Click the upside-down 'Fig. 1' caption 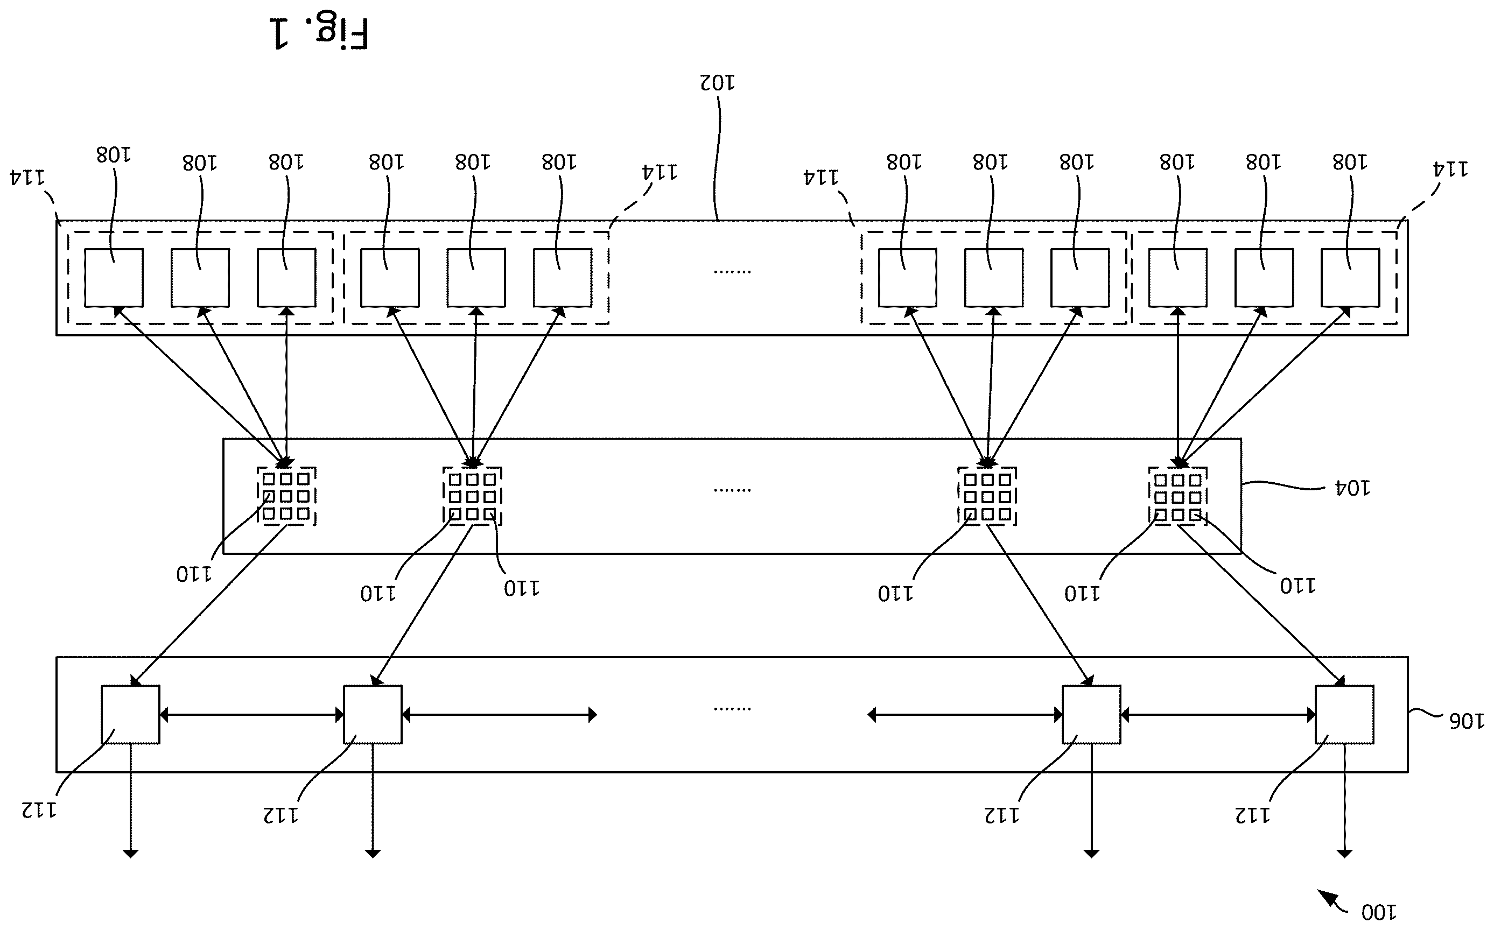(x=319, y=33)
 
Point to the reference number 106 (x=1467, y=720)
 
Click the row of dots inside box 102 (x=732, y=271)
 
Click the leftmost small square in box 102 (x=114, y=277)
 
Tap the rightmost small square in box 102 (x=1350, y=277)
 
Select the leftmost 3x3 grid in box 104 (x=286, y=496)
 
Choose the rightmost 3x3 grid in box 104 (x=1178, y=496)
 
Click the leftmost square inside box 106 (x=130, y=715)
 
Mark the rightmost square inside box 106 (x=1344, y=715)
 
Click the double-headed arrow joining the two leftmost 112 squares (x=251, y=715)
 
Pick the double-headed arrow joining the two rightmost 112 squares (x=1218, y=715)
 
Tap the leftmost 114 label (x=27, y=178)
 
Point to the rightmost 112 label (x=1252, y=815)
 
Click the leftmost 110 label (x=194, y=574)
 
